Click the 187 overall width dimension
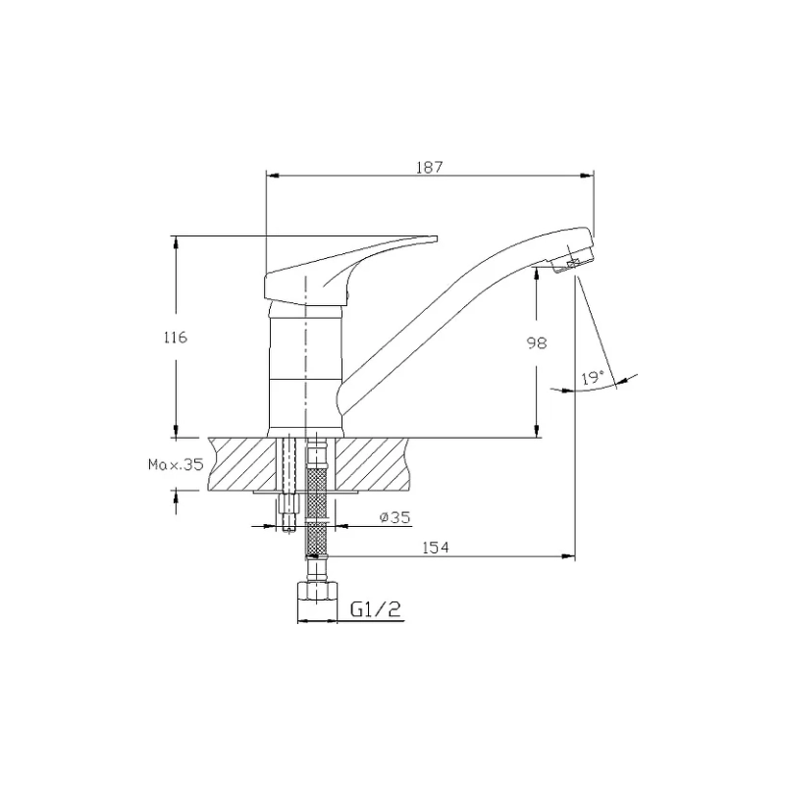(430, 167)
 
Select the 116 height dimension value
(176, 338)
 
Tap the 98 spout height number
(537, 342)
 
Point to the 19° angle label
(593, 378)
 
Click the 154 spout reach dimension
(436, 548)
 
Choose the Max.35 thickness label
(176, 464)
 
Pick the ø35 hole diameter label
(395, 517)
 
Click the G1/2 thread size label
(376, 608)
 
